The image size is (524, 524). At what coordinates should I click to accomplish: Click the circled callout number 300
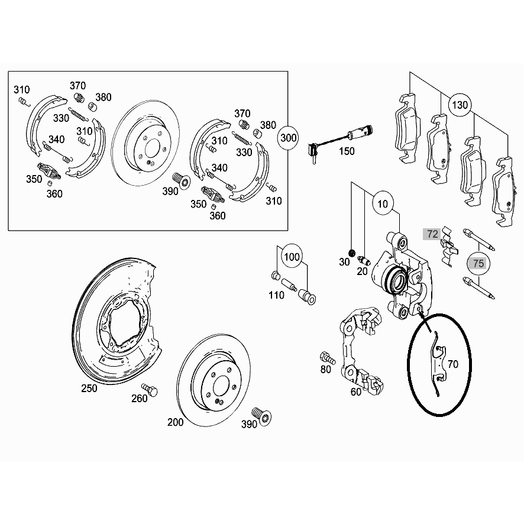pyautogui.click(x=288, y=138)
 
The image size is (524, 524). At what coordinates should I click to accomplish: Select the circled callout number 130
pyautogui.click(x=461, y=106)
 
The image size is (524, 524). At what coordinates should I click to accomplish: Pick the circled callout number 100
pyautogui.click(x=292, y=257)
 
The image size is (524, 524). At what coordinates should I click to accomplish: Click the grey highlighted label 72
pyautogui.click(x=432, y=234)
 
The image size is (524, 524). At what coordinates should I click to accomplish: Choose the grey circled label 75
pyautogui.click(x=478, y=263)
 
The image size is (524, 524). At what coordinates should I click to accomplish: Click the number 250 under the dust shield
pyautogui.click(x=89, y=389)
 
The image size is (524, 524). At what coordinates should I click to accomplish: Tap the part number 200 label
pyautogui.click(x=176, y=422)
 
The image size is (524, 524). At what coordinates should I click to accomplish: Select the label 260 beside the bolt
pyautogui.click(x=139, y=399)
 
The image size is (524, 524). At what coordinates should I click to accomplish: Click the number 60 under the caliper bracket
pyautogui.click(x=356, y=391)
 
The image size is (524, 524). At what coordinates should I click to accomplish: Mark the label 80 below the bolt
pyautogui.click(x=325, y=370)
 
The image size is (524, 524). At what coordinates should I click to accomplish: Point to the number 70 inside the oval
pyautogui.click(x=453, y=364)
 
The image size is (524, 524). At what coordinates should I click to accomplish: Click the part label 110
pyautogui.click(x=276, y=295)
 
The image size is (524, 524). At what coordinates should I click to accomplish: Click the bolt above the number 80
pyautogui.click(x=325, y=357)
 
